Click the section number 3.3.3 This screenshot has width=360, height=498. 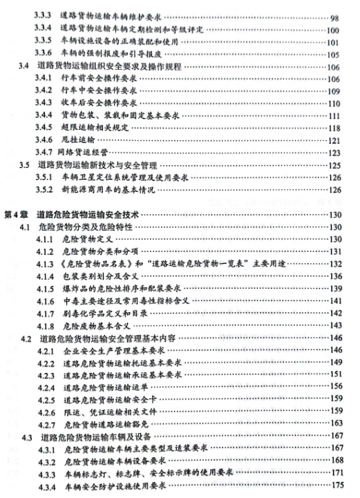(x=45, y=14)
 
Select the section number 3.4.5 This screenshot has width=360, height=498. (x=46, y=127)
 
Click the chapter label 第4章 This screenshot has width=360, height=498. (x=16, y=216)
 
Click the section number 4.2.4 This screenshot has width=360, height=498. (x=46, y=389)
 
